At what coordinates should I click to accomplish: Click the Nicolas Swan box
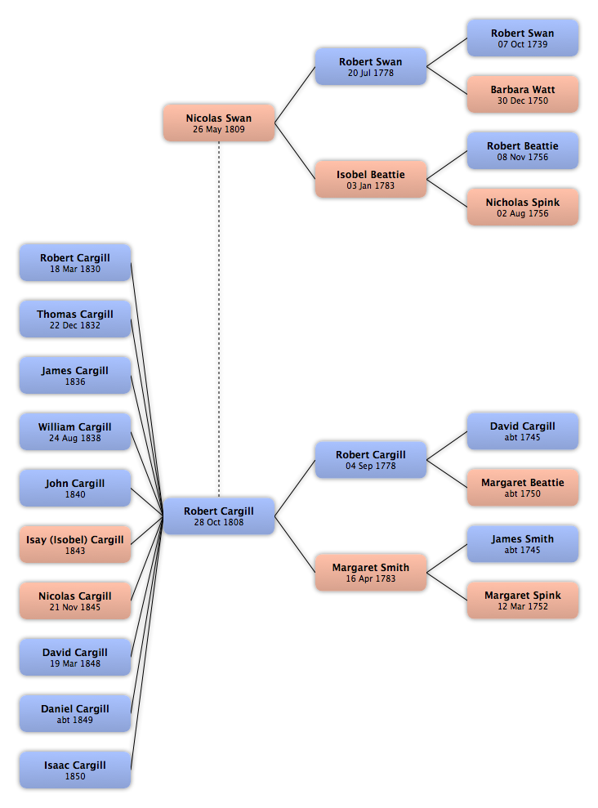[219, 123]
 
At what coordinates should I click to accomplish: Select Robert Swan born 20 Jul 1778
[371, 66]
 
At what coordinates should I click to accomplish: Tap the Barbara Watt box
[523, 94]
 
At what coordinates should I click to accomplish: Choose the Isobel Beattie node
[371, 179]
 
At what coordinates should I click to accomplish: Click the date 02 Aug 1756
[523, 213]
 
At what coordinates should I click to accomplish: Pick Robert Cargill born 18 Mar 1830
[75, 263]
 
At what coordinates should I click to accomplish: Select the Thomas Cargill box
[75, 319]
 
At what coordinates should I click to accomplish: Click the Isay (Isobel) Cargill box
[75, 545]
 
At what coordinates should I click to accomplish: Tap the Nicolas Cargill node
[75, 600]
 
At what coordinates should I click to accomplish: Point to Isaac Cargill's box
[75, 770]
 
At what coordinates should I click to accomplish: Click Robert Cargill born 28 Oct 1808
[219, 516]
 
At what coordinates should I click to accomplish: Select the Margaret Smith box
[371, 572]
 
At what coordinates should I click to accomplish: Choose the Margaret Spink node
[523, 600]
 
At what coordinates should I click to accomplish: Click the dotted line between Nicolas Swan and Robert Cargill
[219, 319]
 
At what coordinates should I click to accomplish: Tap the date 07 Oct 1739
[523, 44]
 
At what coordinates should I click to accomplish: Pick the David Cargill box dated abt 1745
[523, 431]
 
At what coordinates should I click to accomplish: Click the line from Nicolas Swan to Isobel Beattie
[295, 151]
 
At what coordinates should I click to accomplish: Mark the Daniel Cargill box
[75, 714]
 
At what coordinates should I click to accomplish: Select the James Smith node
[523, 544]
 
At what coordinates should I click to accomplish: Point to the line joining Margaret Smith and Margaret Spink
[447, 587]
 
